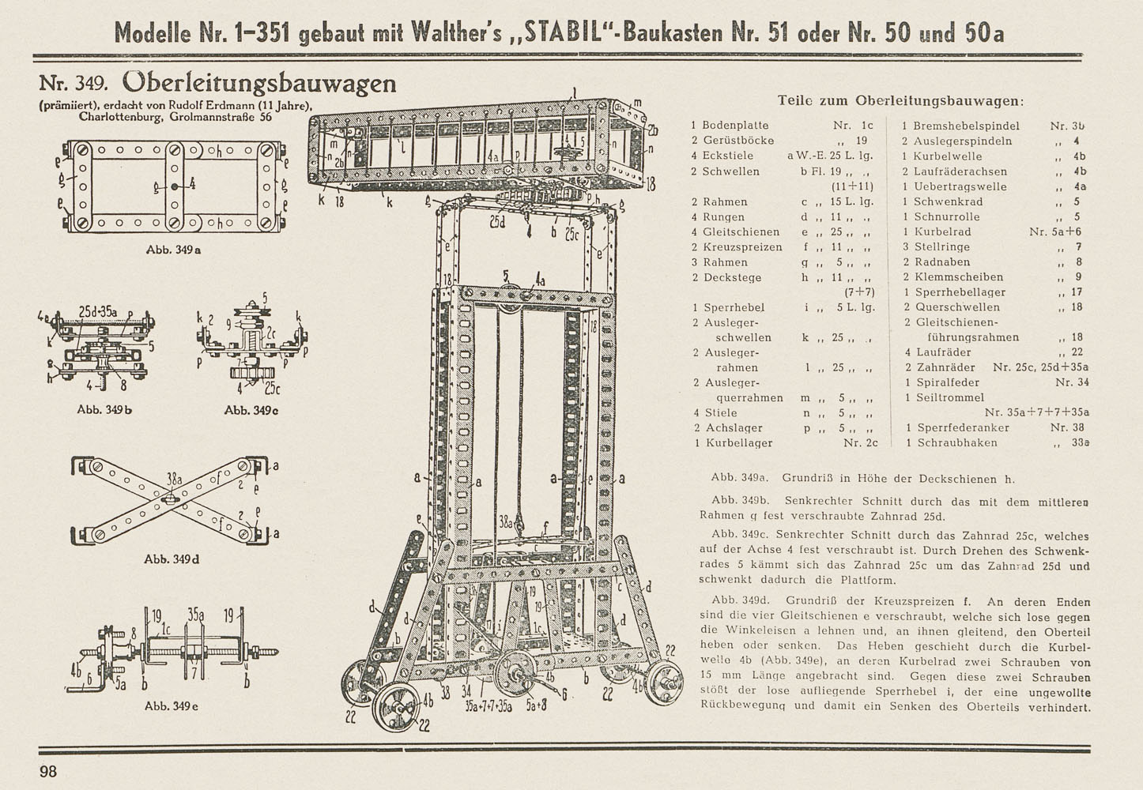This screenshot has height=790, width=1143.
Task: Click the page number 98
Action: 48,771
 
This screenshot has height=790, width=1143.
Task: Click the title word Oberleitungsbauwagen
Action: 259,83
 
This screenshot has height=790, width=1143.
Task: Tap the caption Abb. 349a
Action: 173,250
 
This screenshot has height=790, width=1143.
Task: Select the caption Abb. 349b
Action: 104,409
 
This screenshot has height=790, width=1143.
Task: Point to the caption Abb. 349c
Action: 251,410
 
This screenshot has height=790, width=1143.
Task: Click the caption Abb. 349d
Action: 172,559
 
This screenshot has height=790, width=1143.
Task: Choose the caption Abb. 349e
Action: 171,705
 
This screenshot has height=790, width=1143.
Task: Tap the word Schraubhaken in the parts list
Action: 957,442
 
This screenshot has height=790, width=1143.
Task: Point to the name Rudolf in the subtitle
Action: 186,105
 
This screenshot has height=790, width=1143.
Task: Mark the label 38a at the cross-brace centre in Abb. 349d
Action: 175,480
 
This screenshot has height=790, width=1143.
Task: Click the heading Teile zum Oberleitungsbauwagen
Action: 900,100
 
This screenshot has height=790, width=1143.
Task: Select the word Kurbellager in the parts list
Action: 739,442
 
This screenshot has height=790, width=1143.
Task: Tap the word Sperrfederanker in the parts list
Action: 964,427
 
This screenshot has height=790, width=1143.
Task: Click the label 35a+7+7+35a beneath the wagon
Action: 489,707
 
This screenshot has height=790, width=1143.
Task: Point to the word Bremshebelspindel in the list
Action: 966,126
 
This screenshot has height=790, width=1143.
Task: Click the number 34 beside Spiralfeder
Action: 1083,382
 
